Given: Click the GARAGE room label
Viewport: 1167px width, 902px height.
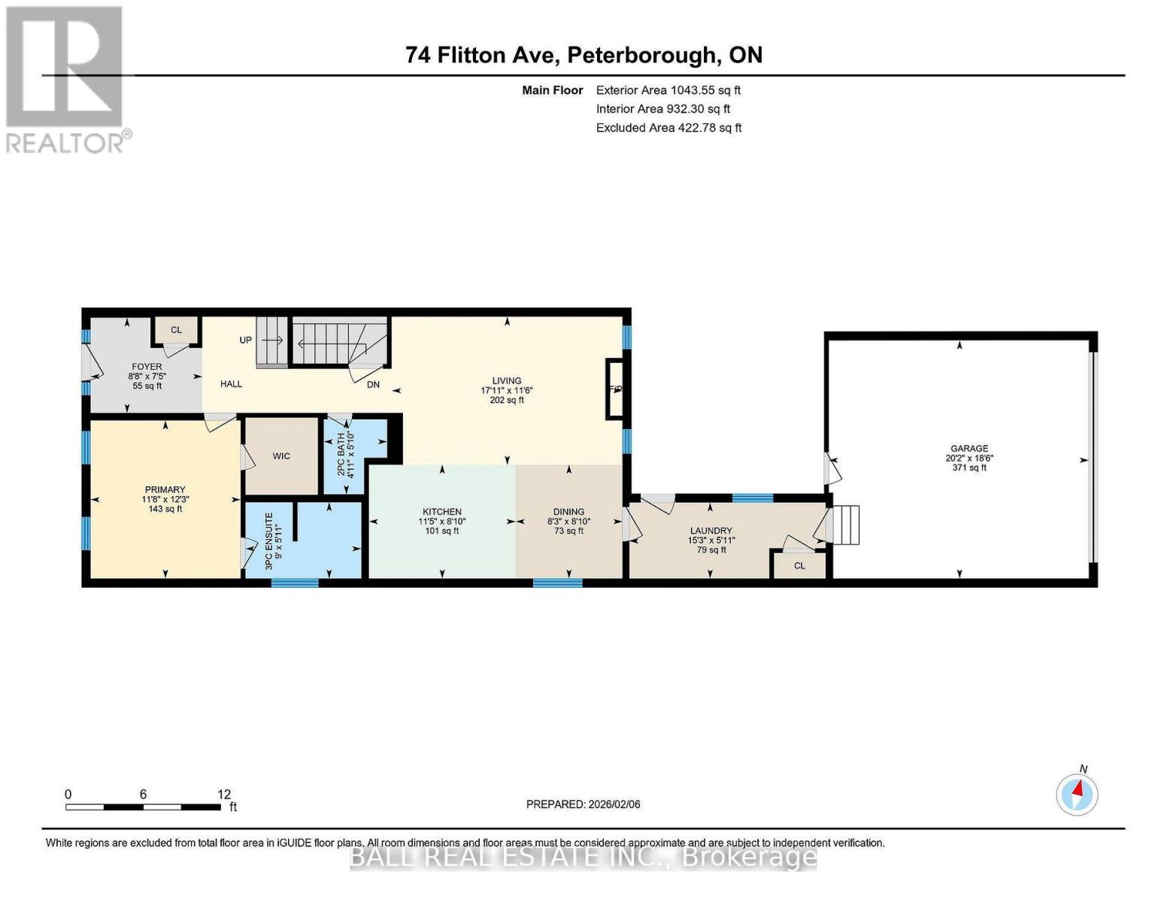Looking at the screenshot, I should pos(968,449).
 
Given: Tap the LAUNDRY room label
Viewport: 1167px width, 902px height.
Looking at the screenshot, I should pos(711,531).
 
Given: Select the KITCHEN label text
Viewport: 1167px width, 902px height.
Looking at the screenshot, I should pos(441,512).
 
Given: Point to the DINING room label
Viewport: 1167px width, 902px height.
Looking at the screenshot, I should pos(568,512).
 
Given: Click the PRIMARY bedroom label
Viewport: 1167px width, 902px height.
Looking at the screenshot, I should pos(165,490).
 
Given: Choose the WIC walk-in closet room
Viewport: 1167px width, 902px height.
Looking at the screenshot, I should pos(281,456).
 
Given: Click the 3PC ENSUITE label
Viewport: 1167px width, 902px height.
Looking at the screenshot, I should pos(269,541).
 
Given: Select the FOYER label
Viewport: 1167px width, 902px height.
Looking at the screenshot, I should pos(147,367).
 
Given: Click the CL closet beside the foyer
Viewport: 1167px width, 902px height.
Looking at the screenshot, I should pos(176,330).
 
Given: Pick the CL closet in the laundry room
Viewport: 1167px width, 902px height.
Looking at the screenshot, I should pos(799,566).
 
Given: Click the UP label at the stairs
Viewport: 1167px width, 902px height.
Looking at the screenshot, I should pos(246,340).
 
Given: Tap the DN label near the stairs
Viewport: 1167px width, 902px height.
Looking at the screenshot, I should pos(373,384).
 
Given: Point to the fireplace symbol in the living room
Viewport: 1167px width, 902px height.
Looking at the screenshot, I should pos(615,389).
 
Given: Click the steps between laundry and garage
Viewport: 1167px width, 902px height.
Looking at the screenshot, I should pos(847,524).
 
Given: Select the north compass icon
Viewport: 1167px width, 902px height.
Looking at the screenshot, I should pos(1077,793).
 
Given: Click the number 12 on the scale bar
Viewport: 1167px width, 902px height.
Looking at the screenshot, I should pos(224,795).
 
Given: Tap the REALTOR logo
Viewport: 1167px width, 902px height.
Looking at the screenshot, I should pos(66,79).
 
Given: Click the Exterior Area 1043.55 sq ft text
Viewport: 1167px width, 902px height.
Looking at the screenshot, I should pos(668,90).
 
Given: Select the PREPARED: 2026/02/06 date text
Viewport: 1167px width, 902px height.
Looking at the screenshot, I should pos(583,804).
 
